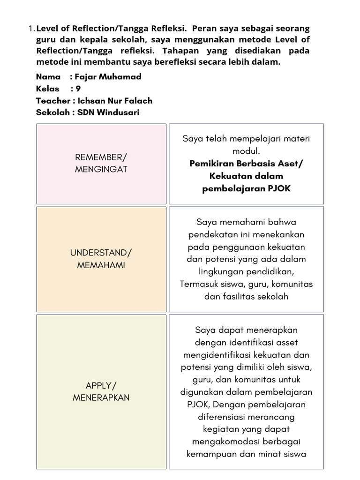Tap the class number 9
pyautogui.click(x=78, y=89)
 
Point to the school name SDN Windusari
pyautogui.click(x=108, y=112)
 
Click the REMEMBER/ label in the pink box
pyautogui.click(x=101, y=157)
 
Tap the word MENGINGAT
pyautogui.click(x=101, y=169)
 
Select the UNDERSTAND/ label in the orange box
pyautogui.click(x=101, y=253)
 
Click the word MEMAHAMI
pyautogui.click(x=101, y=265)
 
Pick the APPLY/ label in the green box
pyautogui.click(x=101, y=385)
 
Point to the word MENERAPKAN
pyautogui.click(x=101, y=397)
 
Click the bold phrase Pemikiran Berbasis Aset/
pyautogui.click(x=246, y=164)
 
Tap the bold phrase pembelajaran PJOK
pyautogui.click(x=246, y=188)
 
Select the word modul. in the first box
pyautogui.click(x=246, y=151)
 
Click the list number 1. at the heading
pyautogui.click(x=32, y=29)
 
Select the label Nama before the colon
pyautogui.click(x=48, y=76)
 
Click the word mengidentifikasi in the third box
pyautogui.click(x=213, y=355)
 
